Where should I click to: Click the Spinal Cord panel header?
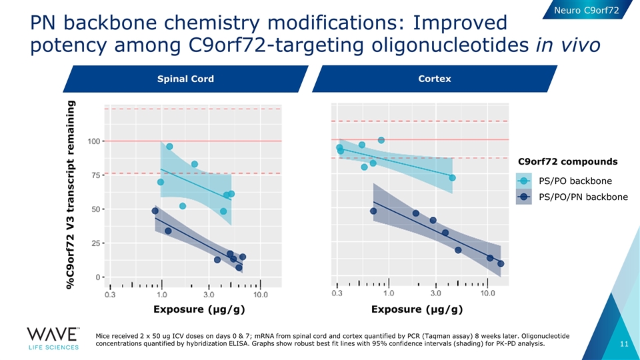tap(185, 79)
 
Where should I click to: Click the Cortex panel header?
tap(434, 79)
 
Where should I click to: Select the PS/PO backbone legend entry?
tap(575, 181)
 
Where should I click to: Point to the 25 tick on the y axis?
tap(95, 243)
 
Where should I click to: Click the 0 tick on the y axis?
tap(97, 277)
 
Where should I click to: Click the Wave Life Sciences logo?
tap(53, 338)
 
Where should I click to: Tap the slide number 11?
tap(624, 344)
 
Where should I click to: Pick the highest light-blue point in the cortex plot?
tap(381, 140)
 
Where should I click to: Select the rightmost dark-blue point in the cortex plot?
tap(501, 263)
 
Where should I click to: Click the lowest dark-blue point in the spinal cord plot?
tap(239, 267)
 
